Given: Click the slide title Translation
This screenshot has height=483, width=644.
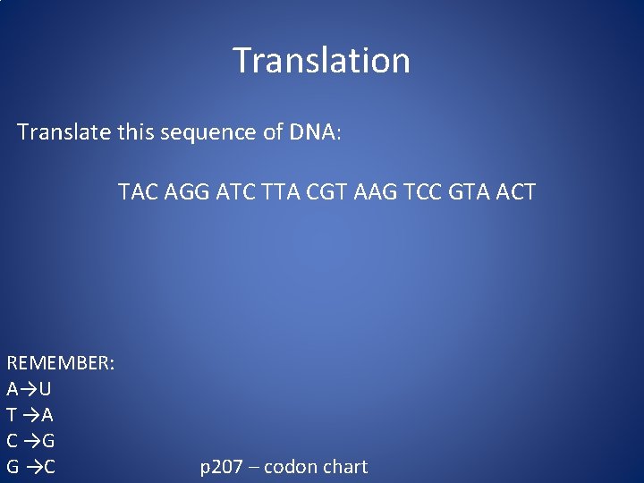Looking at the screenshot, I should coord(322,61).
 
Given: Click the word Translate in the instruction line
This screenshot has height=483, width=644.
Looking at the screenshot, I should coord(64,132).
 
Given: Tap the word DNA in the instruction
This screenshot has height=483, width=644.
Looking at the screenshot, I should coord(311,132).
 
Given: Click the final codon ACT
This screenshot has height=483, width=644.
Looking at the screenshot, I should coord(513,191).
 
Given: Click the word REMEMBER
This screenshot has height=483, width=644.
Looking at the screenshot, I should coord(60,363).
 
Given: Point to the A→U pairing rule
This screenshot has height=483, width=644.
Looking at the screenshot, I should coord(29,389).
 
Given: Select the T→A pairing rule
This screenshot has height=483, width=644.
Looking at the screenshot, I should coord(30,415).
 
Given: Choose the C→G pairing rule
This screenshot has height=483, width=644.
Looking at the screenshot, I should coord(30,441).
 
